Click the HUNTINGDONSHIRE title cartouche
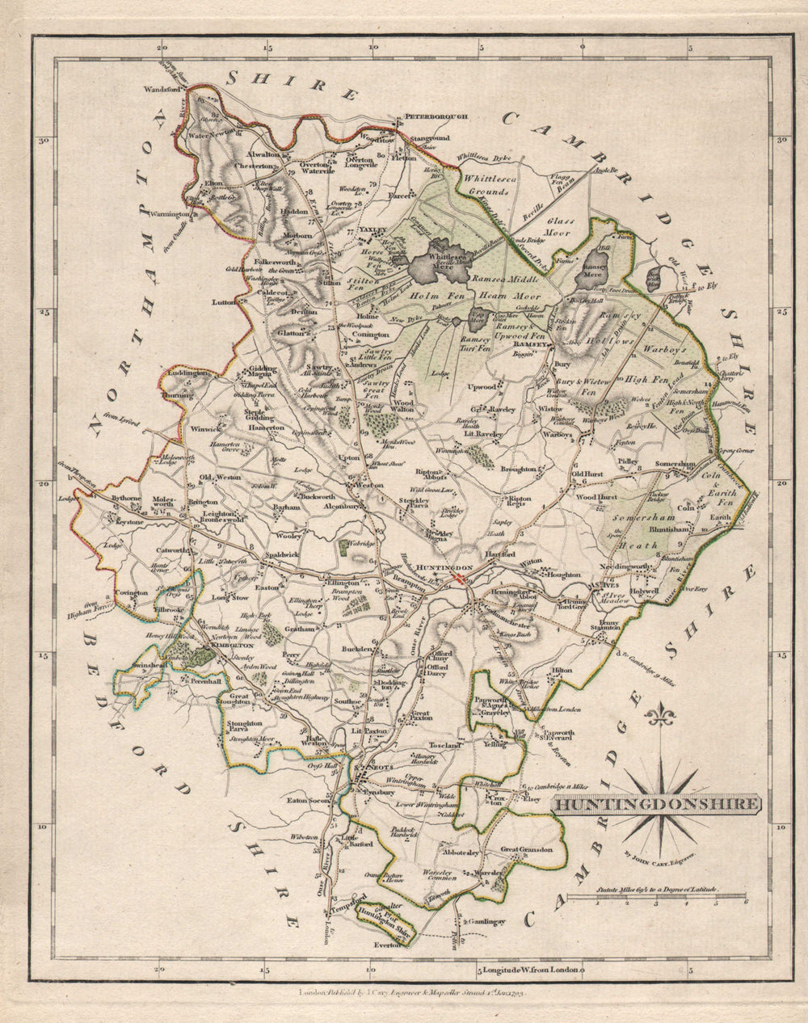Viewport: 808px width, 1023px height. [x=656, y=804]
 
